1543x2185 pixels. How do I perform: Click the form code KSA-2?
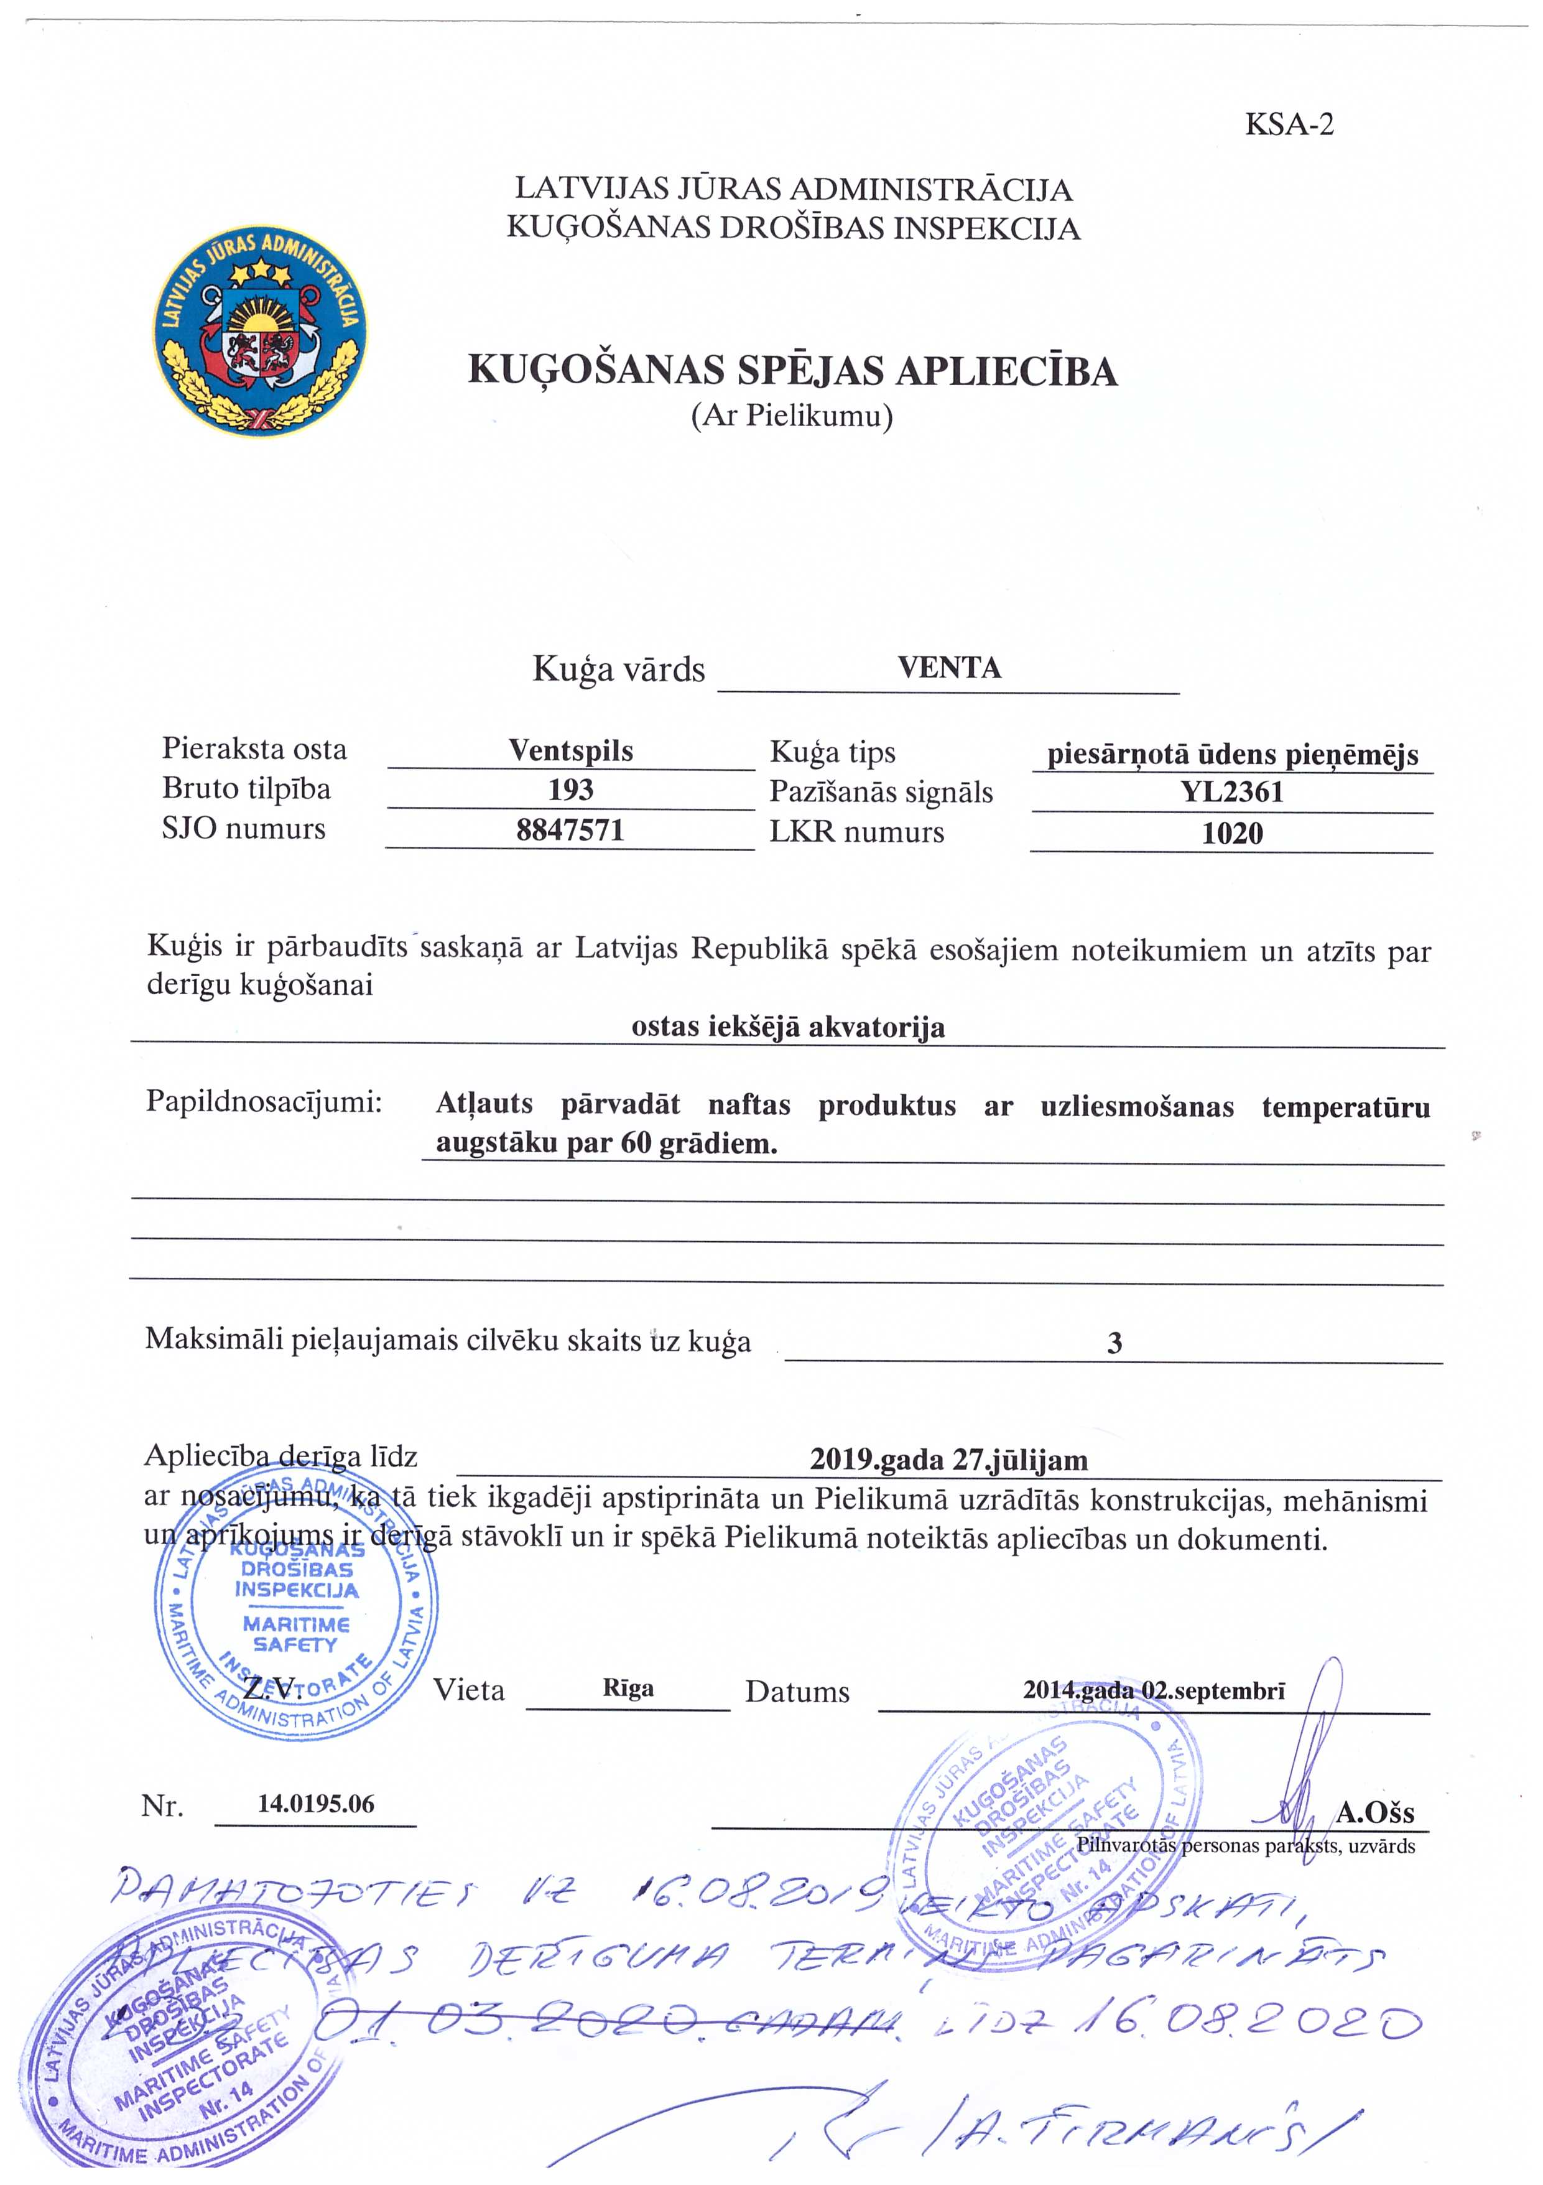pyautogui.click(x=1289, y=124)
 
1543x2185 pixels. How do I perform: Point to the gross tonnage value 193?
pyautogui.click(x=571, y=790)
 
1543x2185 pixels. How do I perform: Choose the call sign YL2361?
pyautogui.click(x=1232, y=792)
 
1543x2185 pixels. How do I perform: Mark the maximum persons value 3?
pyautogui.click(x=1114, y=1343)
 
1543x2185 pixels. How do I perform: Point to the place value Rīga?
pyautogui.click(x=628, y=1689)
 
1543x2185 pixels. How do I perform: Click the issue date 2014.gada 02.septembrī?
pyautogui.click(x=1154, y=1690)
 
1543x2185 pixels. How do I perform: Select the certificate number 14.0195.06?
pyautogui.click(x=316, y=1804)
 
